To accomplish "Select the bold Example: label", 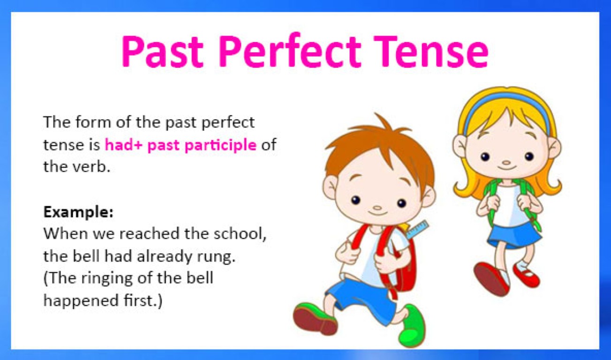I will (78, 212).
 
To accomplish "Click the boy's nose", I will (377, 206).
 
